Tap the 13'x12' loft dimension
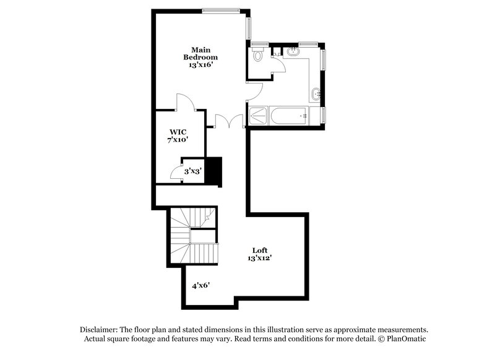[x=259, y=258]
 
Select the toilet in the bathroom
[x=259, y=56]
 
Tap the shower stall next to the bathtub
[x=258, y=115]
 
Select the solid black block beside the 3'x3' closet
[x=213, y=171]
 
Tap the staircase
[x=193, y=236]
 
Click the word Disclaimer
[x=100, y=330]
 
